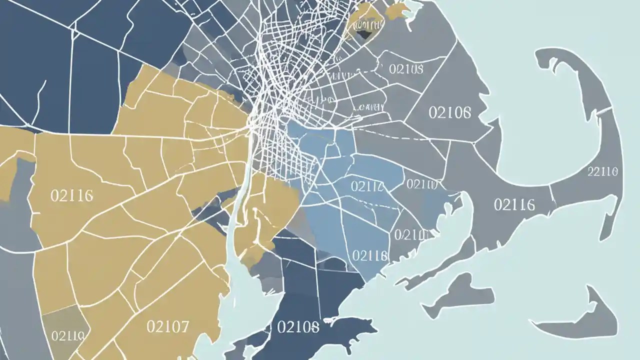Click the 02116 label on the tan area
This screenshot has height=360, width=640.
pyautogui.click(x=72, y=195)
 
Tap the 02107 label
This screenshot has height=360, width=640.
pyautogui.click(x=168, y=327)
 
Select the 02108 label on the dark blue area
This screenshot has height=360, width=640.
pyautogui.click(x=297, y=327)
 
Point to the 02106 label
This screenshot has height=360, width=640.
pyautogui.click(x=449, y=112)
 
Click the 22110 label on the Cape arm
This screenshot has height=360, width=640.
pyautogui.click(x=602, y=171)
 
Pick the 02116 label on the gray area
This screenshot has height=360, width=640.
pyautogui.click(x=514, y=204)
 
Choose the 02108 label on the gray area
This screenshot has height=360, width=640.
pyautogui.click(x=405, y=68)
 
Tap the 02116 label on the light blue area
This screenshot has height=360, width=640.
pyautogui.click(x=370, y=255)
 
